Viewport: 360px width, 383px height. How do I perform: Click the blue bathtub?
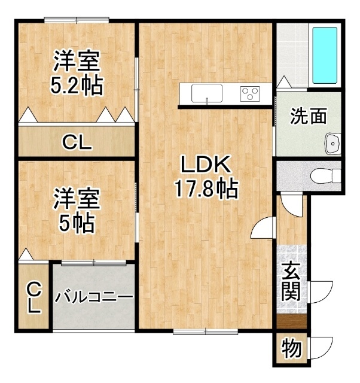(x=325, y=56)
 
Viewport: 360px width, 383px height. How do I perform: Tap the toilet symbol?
(x=325, y=175)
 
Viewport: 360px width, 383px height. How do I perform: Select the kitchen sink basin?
(x=207, y=93)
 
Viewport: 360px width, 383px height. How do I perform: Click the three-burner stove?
(x=249, y=94)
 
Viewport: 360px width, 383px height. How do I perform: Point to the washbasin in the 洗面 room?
(x=333, y=144)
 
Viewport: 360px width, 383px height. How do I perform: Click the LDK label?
(x=206, y=165)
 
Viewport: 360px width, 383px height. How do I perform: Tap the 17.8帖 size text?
(x=206, y=189)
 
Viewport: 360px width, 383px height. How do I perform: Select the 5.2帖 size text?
(x=77, y=86)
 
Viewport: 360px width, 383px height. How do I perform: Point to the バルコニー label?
(x=94, y=297)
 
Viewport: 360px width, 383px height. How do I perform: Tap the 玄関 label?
(x=291, y=282)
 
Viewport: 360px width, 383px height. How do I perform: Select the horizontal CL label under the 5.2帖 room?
(x=77, y=142)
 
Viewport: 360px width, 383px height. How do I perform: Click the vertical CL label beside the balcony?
(x=33, y=297)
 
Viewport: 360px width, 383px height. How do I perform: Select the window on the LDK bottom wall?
(x=206, y=332)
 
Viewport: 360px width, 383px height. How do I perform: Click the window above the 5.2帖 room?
(x=77, y=20)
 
